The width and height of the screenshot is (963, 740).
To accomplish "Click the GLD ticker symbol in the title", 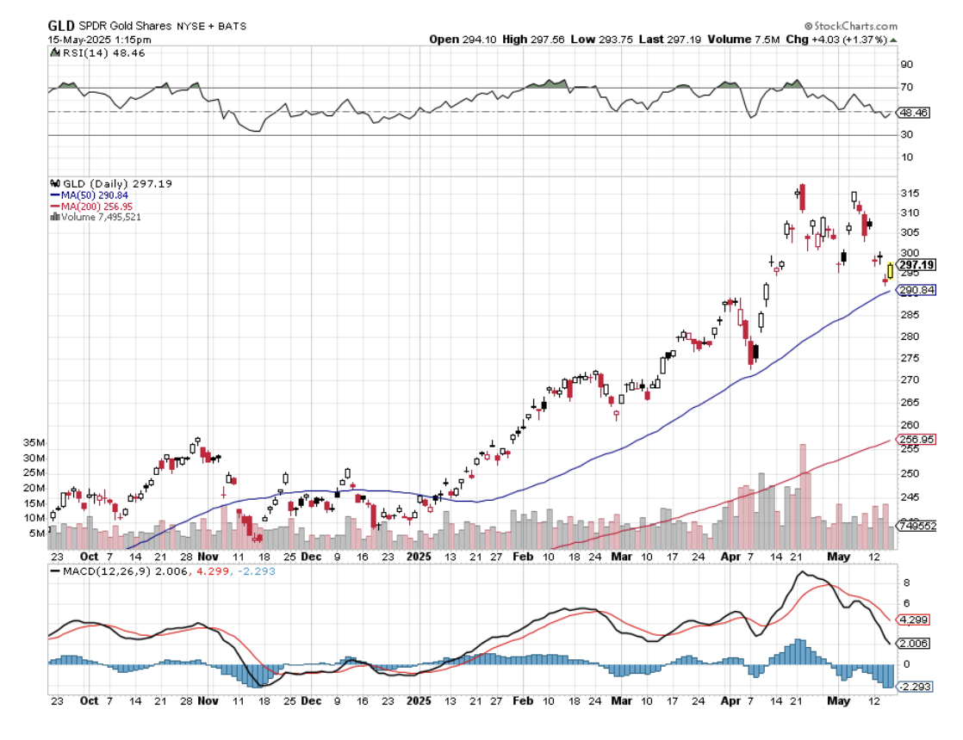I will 61,26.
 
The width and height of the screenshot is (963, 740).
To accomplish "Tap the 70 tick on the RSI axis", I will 907,88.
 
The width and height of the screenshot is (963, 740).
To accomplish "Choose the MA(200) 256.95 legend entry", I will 97,207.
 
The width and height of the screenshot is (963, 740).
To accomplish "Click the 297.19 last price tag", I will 917,265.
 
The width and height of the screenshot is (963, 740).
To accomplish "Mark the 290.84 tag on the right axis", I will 917,290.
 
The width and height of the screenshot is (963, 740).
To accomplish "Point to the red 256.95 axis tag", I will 917,439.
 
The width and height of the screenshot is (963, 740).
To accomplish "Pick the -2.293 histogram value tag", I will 915,687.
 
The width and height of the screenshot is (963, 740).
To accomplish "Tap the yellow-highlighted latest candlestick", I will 890,270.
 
